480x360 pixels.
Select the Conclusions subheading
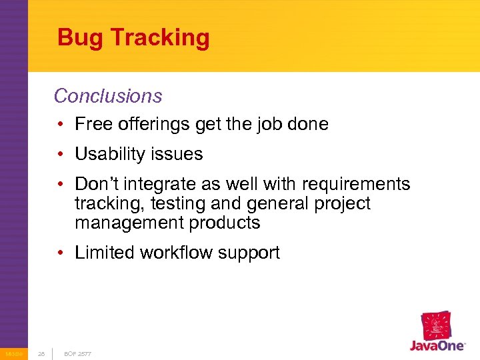tap(108, 96)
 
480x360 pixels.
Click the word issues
tap(178, 154)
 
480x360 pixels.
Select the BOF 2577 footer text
tap(77, 353)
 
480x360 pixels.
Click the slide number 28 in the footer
tap(41, 353)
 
